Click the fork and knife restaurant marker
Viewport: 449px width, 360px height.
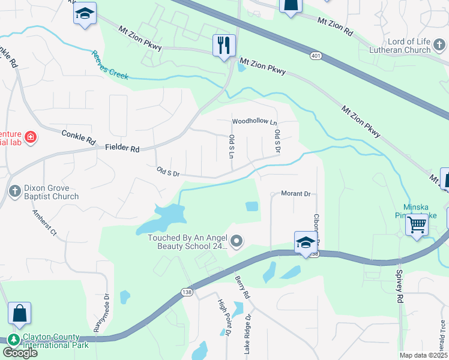coord(224,46)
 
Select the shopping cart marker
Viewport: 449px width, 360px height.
coord(417,226)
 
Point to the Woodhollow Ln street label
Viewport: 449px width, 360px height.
coord(255,122)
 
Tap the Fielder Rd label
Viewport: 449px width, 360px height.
coord(122,148)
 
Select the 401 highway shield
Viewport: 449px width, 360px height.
coord(315,56)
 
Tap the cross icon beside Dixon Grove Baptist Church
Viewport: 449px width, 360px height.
coord(15,191)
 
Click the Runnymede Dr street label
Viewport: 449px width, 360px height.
coord(101,312)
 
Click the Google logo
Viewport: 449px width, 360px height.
coord(20,353)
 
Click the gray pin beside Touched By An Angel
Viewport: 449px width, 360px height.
coord(237,242)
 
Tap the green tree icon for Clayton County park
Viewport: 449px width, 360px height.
coord(13,340)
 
